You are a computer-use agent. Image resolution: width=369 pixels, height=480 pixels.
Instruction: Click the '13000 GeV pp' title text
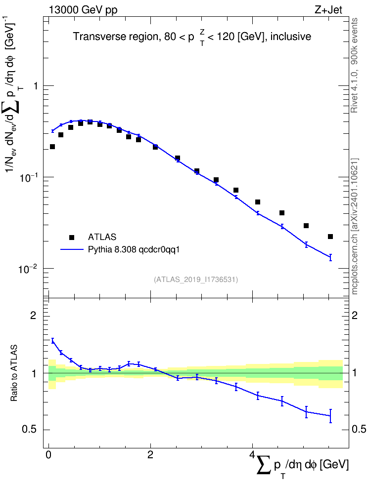click(83, 10)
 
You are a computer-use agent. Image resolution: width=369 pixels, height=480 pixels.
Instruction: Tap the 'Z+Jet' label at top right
click(328, 10)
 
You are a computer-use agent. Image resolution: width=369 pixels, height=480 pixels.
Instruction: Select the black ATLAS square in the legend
click(72, 237)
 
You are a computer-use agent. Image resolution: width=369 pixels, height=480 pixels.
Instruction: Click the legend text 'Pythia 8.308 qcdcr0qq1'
click(134, 250)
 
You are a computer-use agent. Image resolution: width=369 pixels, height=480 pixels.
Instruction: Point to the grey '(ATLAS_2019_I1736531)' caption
click(196, 280)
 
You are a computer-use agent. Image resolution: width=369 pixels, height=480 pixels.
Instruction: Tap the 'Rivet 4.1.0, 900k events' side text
click(354, 65)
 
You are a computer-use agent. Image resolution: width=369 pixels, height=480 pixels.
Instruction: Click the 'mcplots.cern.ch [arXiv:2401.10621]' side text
click(354, 227)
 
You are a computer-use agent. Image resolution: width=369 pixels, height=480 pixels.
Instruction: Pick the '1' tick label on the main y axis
click(36, 86)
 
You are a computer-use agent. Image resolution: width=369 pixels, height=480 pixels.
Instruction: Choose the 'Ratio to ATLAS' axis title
click(14, 373)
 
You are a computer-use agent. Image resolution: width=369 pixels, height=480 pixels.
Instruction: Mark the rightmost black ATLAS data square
click(330, 237)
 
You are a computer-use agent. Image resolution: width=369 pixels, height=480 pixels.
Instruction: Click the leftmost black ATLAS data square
click(52, 147)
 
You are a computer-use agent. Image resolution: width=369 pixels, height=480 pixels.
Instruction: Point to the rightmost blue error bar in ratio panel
click(330, 416)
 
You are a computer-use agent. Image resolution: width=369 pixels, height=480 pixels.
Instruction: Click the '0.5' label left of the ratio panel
click(29, 430)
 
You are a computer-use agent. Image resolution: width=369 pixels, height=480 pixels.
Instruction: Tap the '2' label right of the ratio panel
click(355, 315)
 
